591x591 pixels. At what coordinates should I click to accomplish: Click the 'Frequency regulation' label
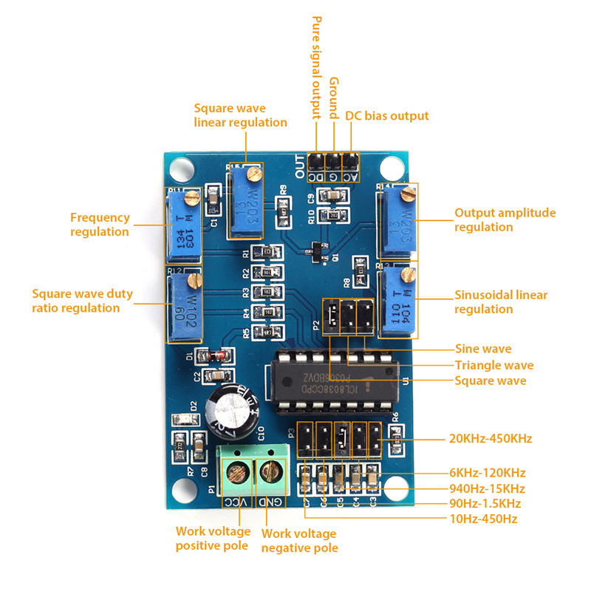click(x=100, y=225)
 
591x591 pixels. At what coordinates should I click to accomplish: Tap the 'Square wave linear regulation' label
click(x=240, y=115)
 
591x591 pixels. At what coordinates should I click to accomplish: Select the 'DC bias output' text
click(x=387, y=116)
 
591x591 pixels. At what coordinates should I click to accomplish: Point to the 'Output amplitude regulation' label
click(x=505, y=219)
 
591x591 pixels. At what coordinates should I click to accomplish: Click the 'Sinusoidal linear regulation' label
click(x=501, y=301)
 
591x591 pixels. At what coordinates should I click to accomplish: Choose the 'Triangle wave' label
click(x=493, y=365)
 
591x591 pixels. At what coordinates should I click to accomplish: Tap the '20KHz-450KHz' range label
click(x=491, y=439)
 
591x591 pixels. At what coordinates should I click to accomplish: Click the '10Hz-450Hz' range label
click(x=484, y=519)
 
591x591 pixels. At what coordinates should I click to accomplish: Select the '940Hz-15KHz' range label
click(x=487, y=488)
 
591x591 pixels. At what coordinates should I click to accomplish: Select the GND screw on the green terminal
click(x=272, y=469)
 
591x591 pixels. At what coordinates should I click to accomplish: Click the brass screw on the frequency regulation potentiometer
click(x=193, y=197)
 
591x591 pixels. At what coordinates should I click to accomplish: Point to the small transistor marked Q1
click(x=316, y=251)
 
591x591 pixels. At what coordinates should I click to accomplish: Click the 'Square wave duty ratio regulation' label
click(x=82, y=301)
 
